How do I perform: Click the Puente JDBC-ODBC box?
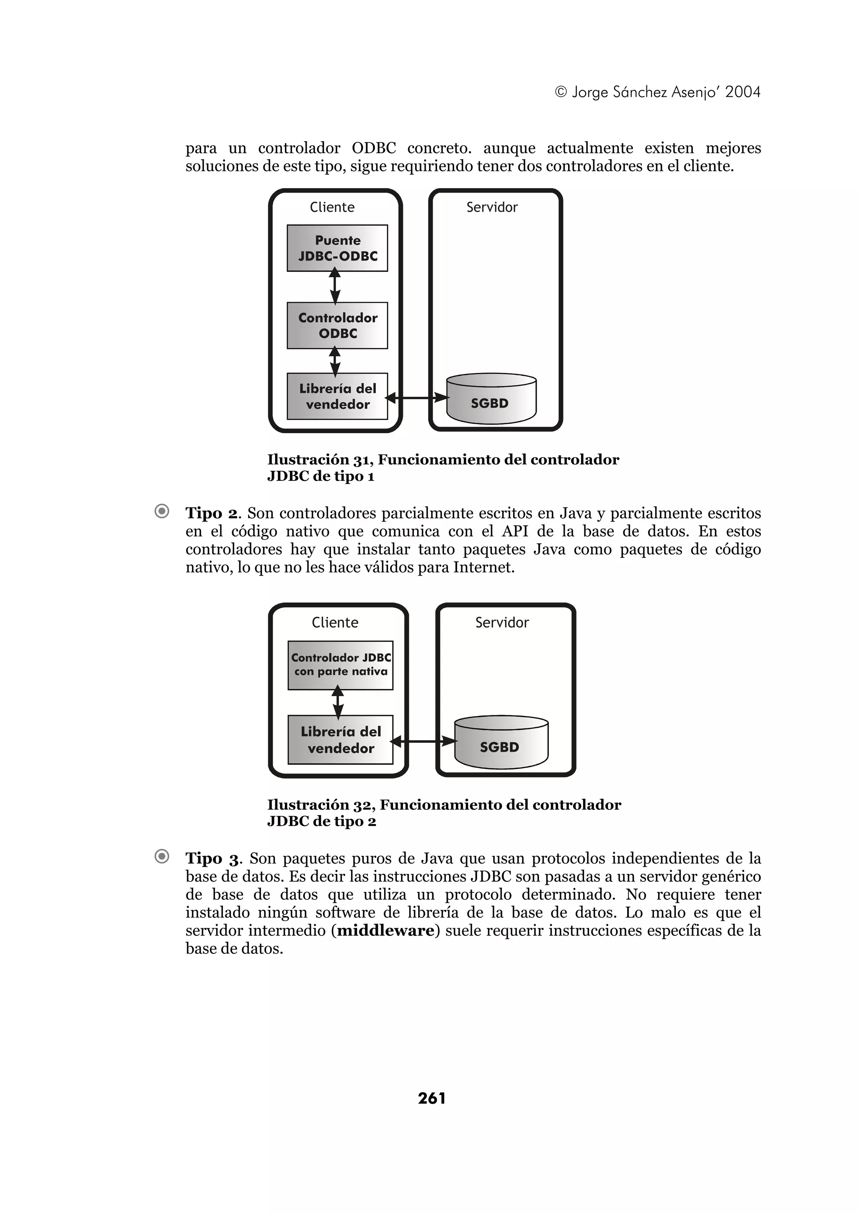point(337,248)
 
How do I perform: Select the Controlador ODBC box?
point(337,325)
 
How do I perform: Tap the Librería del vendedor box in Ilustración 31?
point(337,396)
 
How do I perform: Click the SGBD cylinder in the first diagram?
point(491,399)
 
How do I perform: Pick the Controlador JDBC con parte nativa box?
point(341,665)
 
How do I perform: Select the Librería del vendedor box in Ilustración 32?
point(341,739)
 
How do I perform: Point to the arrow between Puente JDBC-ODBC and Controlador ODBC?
point(335,286)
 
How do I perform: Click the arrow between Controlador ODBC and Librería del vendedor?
point(335,361)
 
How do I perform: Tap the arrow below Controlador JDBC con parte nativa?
point(338,702)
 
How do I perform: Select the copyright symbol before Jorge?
point(561,93)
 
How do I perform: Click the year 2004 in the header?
point(742,92)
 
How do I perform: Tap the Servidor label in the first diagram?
point(492,207)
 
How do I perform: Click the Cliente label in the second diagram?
point(335,622)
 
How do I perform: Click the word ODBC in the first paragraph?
point(373,148)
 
